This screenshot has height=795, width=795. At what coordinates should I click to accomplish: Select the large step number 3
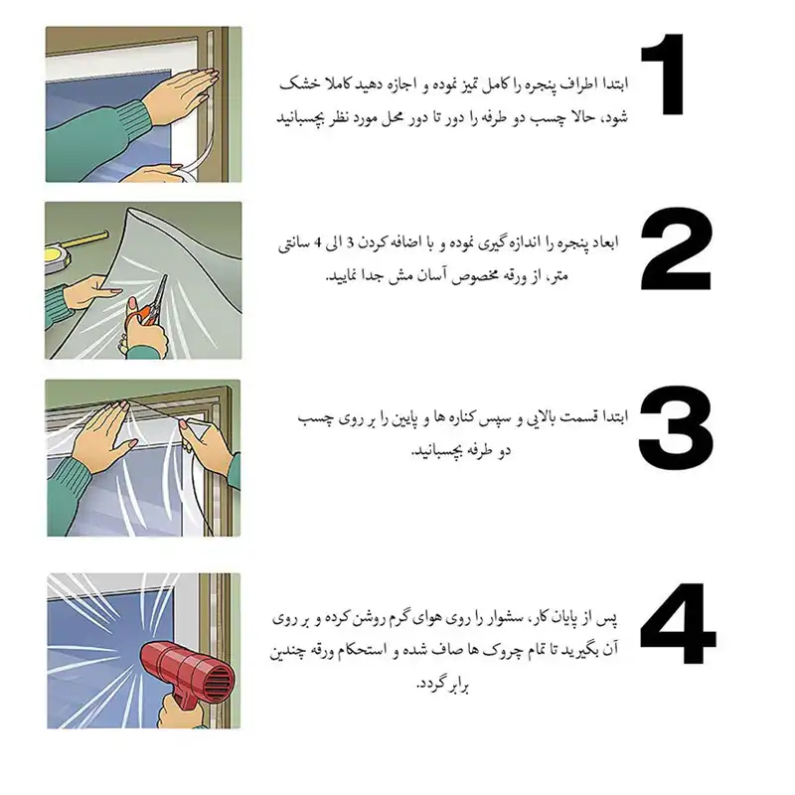pyautogui.click(x=678, y=433)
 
